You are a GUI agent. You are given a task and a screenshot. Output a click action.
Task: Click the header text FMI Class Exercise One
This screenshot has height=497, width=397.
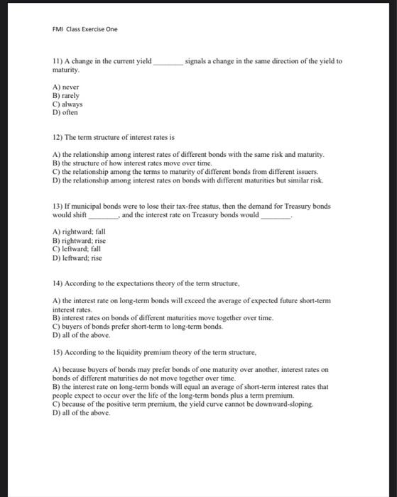coord(85,29)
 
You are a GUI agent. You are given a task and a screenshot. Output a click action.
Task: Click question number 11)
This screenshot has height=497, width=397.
coord(59,61)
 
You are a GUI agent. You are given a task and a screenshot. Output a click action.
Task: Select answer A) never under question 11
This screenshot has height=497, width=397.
coord(67,87)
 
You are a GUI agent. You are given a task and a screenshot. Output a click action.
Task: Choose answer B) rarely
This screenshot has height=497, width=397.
coord(66,95)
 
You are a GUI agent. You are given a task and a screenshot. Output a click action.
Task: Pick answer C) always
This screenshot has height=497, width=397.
coord(68,104)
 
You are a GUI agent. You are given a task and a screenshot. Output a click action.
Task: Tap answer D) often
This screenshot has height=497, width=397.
coord(65,112)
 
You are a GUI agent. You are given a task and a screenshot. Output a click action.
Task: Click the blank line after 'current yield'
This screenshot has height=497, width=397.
coord(168,62)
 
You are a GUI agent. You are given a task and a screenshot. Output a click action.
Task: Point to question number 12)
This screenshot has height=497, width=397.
coord(59,137)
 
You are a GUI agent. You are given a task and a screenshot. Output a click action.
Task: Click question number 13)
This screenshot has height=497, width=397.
coord(59,206)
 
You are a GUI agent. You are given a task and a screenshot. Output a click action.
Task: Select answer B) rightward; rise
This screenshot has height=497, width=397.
coord(80,241)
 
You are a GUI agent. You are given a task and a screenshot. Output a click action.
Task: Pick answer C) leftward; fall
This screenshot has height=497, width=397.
coord(77,249)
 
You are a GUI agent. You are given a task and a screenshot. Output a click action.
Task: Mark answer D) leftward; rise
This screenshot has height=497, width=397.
coord(77,258)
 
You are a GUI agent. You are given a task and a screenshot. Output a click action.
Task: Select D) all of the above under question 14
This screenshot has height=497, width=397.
coord(82,335)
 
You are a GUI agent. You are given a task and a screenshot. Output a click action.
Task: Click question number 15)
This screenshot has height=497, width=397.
coord(59,352)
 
